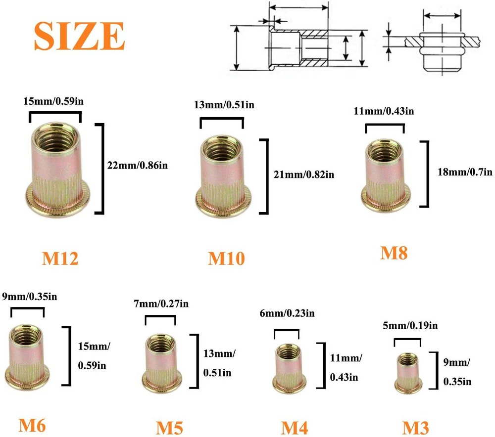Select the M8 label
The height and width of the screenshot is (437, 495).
pyautogui.click(x=394, y=253)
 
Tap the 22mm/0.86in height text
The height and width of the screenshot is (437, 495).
pyautogui.click(x=138, y=166)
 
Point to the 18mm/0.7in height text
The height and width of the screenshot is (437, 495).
pyautogui.click(x=464, y=172)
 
